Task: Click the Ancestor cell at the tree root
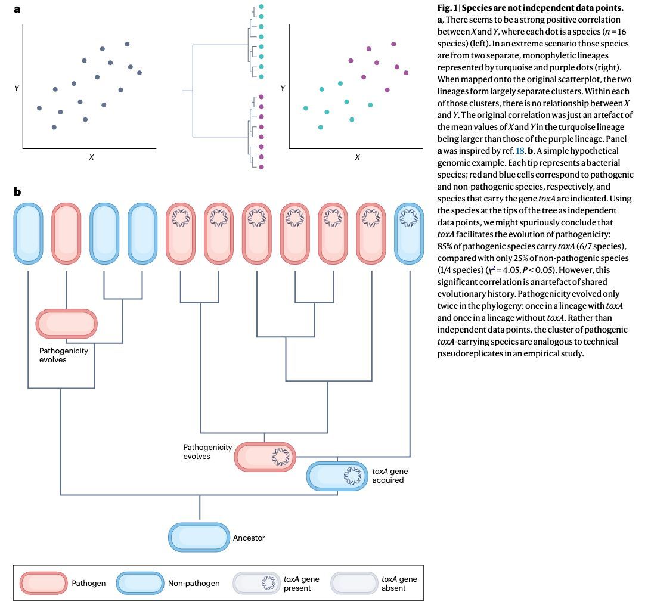[199, 537]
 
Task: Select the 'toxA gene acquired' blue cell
[337, 476]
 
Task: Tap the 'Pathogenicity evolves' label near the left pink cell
[64, 355]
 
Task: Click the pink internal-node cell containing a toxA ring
[265, 457]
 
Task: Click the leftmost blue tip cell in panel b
[29, 233]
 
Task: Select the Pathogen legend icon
[44, 582]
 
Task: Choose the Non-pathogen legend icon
[139, 582]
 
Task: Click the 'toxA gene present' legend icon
[256, 582]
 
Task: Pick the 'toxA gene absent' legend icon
[354, 582]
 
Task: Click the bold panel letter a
[17, 10]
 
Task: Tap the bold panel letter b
[18, 191]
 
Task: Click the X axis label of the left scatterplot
[91, 157]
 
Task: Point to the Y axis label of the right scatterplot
[283, 89]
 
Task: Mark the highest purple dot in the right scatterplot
[393, 44]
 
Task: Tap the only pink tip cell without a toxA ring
[66, 233]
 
